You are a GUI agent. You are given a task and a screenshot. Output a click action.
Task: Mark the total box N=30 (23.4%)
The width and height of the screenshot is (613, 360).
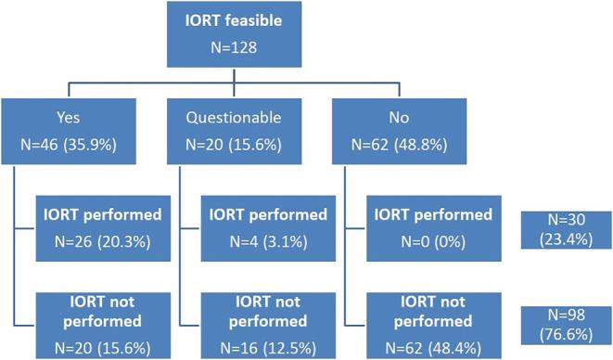pos(561,230)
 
